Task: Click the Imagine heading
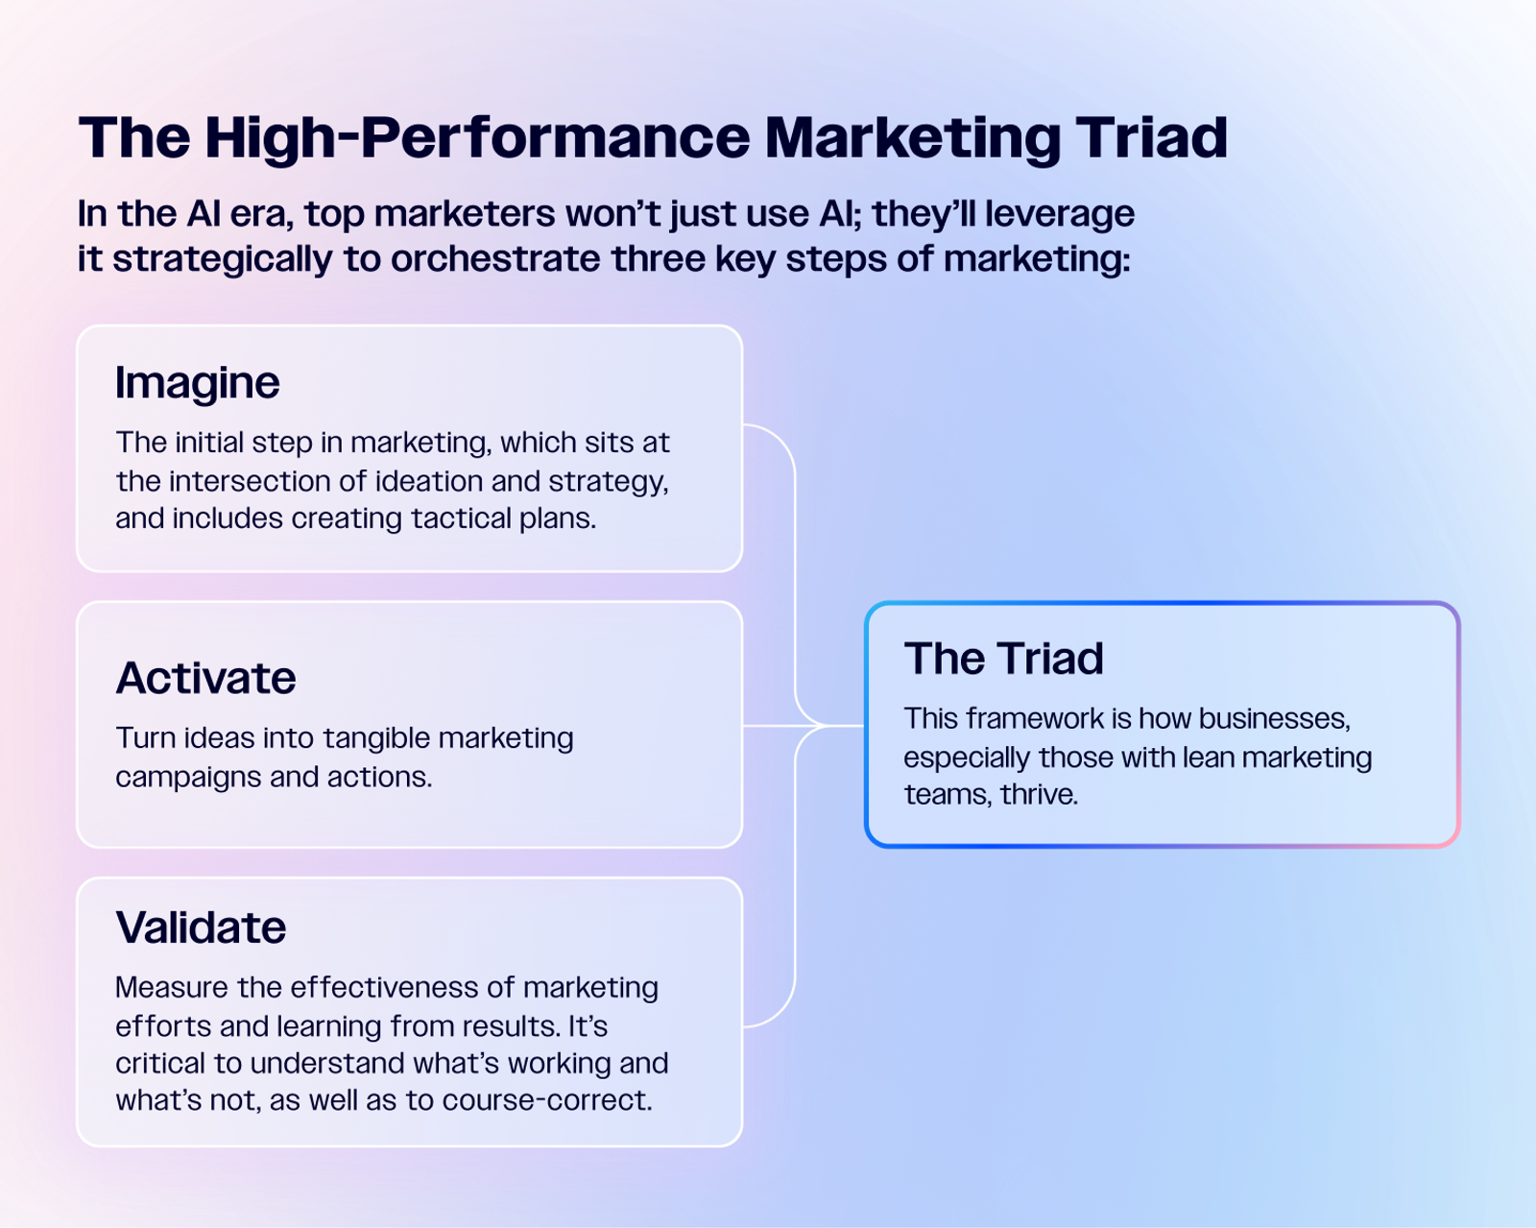pyautogui.click(x=197, y=384)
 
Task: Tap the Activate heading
pyautogui.click(x=205, y=678)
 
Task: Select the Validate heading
pyautogui.click(x=201, y=927)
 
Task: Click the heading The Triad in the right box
pyautogui.click(x=1003, y=658)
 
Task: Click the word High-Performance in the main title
pyautogui.click(x=477, y=138)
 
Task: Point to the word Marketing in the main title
pyautogui.click(x=913, y=138)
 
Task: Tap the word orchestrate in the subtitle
pyautogui.click(x=494, y=258)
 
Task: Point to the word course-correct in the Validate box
pyautogui.click(x=547, y=1101)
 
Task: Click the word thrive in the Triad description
pyautogui.click(x=1039, y=795)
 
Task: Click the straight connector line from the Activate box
pyautogui.click(x=804, y=726)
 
